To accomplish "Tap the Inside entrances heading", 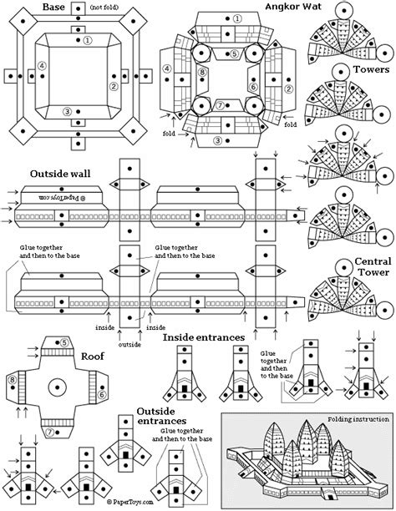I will pos(203,337).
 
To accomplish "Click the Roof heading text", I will pos(92,354).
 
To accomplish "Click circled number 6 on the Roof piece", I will pos(101,386).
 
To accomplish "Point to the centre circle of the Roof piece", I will pos(58,387).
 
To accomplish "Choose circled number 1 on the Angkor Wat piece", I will pos(237,18).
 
